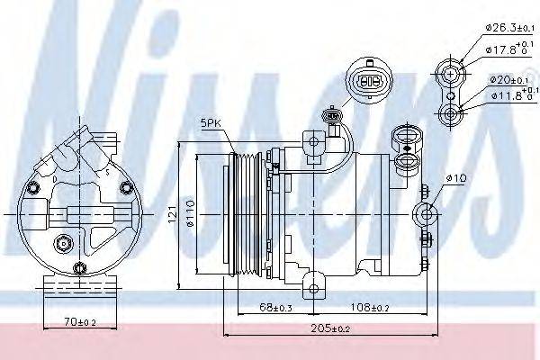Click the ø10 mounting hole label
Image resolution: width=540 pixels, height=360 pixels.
point(459,178)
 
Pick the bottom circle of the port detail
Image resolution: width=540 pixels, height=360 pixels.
point(450,113)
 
